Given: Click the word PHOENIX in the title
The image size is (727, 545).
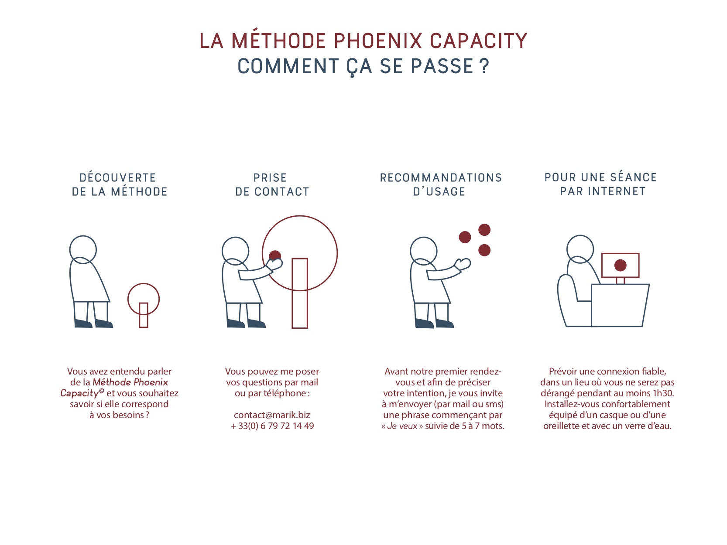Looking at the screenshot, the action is [377, 41].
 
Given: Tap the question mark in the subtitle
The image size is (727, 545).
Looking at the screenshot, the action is [484, 66].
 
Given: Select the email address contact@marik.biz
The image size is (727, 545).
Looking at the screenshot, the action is [272, 415].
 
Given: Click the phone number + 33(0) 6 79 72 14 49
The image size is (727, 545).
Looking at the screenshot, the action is [272, 426].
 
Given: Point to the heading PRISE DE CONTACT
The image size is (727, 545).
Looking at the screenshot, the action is [272, 184].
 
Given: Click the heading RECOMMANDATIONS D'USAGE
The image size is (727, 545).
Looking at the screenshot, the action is [441, 184].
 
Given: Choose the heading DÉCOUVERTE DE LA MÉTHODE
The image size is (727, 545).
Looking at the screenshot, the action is [120, 184].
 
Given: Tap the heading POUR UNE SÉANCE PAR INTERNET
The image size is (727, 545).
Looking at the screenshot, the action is [600, 184].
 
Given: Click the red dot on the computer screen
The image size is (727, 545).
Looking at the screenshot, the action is [620, 265].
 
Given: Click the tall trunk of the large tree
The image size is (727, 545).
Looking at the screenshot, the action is [300, 293].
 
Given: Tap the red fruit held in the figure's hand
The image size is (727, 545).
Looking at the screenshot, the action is [275, 255].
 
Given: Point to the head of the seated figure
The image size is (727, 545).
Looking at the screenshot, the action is [580, 249].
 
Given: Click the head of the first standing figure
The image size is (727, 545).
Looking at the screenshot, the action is [83, 250].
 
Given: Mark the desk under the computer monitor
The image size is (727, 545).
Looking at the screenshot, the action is [620, 305].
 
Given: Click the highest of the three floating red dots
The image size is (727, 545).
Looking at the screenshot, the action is [484, 230].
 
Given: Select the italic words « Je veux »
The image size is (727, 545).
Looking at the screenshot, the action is [402, 426].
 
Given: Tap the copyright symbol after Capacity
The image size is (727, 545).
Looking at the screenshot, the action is [101, 391].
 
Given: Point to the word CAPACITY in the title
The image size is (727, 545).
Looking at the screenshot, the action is [478, 41].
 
